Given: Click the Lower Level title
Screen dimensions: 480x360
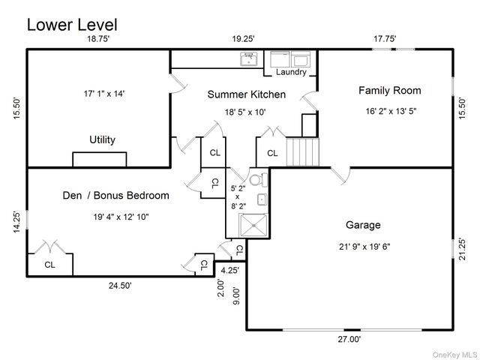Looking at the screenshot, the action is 72,25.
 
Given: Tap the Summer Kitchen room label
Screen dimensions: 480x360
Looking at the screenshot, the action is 247,94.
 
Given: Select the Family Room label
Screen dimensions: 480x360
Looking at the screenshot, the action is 390,91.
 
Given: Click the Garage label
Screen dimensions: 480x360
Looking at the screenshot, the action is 363,225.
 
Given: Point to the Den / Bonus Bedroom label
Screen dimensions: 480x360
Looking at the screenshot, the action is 115,195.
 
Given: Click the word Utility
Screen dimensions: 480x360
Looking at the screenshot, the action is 102,139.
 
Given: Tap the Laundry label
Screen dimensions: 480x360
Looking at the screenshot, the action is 291,72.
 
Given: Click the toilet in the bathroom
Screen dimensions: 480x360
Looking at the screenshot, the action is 258,180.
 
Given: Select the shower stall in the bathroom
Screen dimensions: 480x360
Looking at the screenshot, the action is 253,225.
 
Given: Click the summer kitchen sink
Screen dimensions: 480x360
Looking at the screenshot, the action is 249,58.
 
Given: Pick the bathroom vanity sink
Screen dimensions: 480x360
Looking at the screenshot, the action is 262,199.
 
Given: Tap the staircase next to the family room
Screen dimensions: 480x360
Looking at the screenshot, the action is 303,151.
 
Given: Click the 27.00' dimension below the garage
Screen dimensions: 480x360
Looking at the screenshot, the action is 349,339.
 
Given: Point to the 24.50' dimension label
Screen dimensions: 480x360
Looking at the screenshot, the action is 120,286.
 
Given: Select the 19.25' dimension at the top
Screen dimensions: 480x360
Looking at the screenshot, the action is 243,39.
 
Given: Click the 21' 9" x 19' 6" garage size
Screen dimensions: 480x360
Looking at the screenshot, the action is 364,247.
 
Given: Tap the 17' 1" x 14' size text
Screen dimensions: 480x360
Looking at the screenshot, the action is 104,94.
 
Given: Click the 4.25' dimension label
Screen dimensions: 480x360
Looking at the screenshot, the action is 230,271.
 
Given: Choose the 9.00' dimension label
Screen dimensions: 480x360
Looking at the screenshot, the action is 236,295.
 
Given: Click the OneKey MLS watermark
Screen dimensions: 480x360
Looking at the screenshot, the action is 455,355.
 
